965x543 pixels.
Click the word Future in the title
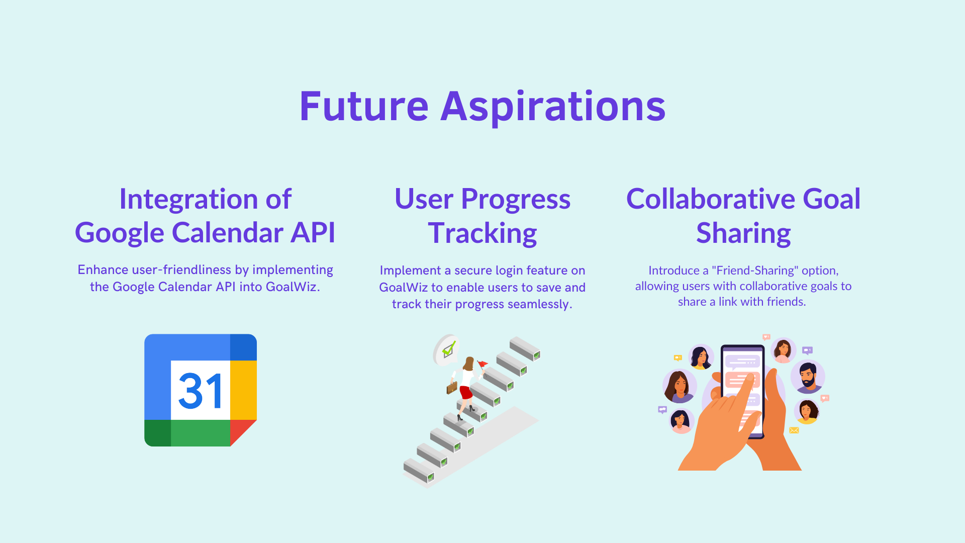[x=364, y=107]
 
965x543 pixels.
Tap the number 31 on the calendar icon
[x=201, y=391]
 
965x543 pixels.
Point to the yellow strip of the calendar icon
[x=243, y=390]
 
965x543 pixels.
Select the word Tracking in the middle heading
[x=482, y=234]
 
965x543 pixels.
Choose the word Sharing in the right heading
[x=743, y=234]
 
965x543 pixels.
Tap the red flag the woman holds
[x=482, y=364]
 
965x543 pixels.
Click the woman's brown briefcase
[x=452, y=388]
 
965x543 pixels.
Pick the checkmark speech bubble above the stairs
[x=447, y=349]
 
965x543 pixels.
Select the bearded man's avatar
[x=808, y=377]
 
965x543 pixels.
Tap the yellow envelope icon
[x=794, y=430]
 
